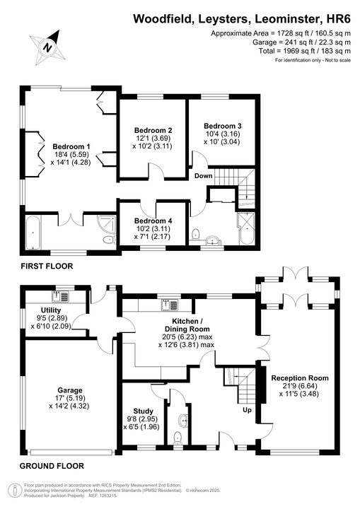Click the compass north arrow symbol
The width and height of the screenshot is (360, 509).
click(x=47, y=47)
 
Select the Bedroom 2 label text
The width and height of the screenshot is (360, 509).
click(x=153, y=130)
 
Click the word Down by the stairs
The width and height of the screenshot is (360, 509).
click(x=203, y=176)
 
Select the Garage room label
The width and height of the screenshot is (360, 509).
click(x=71, y=390)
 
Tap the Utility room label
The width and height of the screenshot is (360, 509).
click(x=51, y=310)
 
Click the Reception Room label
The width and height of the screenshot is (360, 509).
click(x=300, y=378)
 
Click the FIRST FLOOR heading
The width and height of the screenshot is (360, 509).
click(x=46, y=266)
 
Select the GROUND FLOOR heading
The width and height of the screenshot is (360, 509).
click(x=52, y=466)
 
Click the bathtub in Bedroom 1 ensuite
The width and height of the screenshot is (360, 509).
click(x=32, y=234)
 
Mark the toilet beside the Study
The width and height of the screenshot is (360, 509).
click(x=177, y=438)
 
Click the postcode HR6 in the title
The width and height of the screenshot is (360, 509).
click(x=337, y=20)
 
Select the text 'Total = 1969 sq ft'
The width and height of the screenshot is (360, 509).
click(x=286, y=51)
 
